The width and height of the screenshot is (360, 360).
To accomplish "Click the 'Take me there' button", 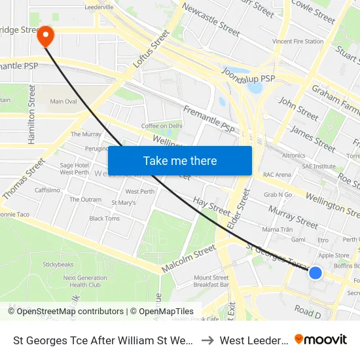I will [x=180, y=160].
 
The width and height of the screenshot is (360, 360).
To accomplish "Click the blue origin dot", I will [x=315, y=272].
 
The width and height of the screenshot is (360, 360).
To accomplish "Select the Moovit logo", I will [x=321, y=340].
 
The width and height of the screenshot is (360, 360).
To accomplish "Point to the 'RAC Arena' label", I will [x=276, y=175].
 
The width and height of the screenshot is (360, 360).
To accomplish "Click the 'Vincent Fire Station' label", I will [x=298, y=41].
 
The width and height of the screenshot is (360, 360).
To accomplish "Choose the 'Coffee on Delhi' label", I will [x=162, y=126].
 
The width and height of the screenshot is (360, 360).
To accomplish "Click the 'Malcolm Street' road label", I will [x=189, y=259].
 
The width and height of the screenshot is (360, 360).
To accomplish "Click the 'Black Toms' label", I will [x=105, y=219].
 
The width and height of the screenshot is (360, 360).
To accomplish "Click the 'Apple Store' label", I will [x=334, y=255].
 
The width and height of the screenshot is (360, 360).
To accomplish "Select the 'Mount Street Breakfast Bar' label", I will [x=211, y=281].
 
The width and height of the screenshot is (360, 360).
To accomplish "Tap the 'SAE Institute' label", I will [x=319, y=166].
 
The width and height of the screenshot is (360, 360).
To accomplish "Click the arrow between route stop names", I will [x=207, y=340].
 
